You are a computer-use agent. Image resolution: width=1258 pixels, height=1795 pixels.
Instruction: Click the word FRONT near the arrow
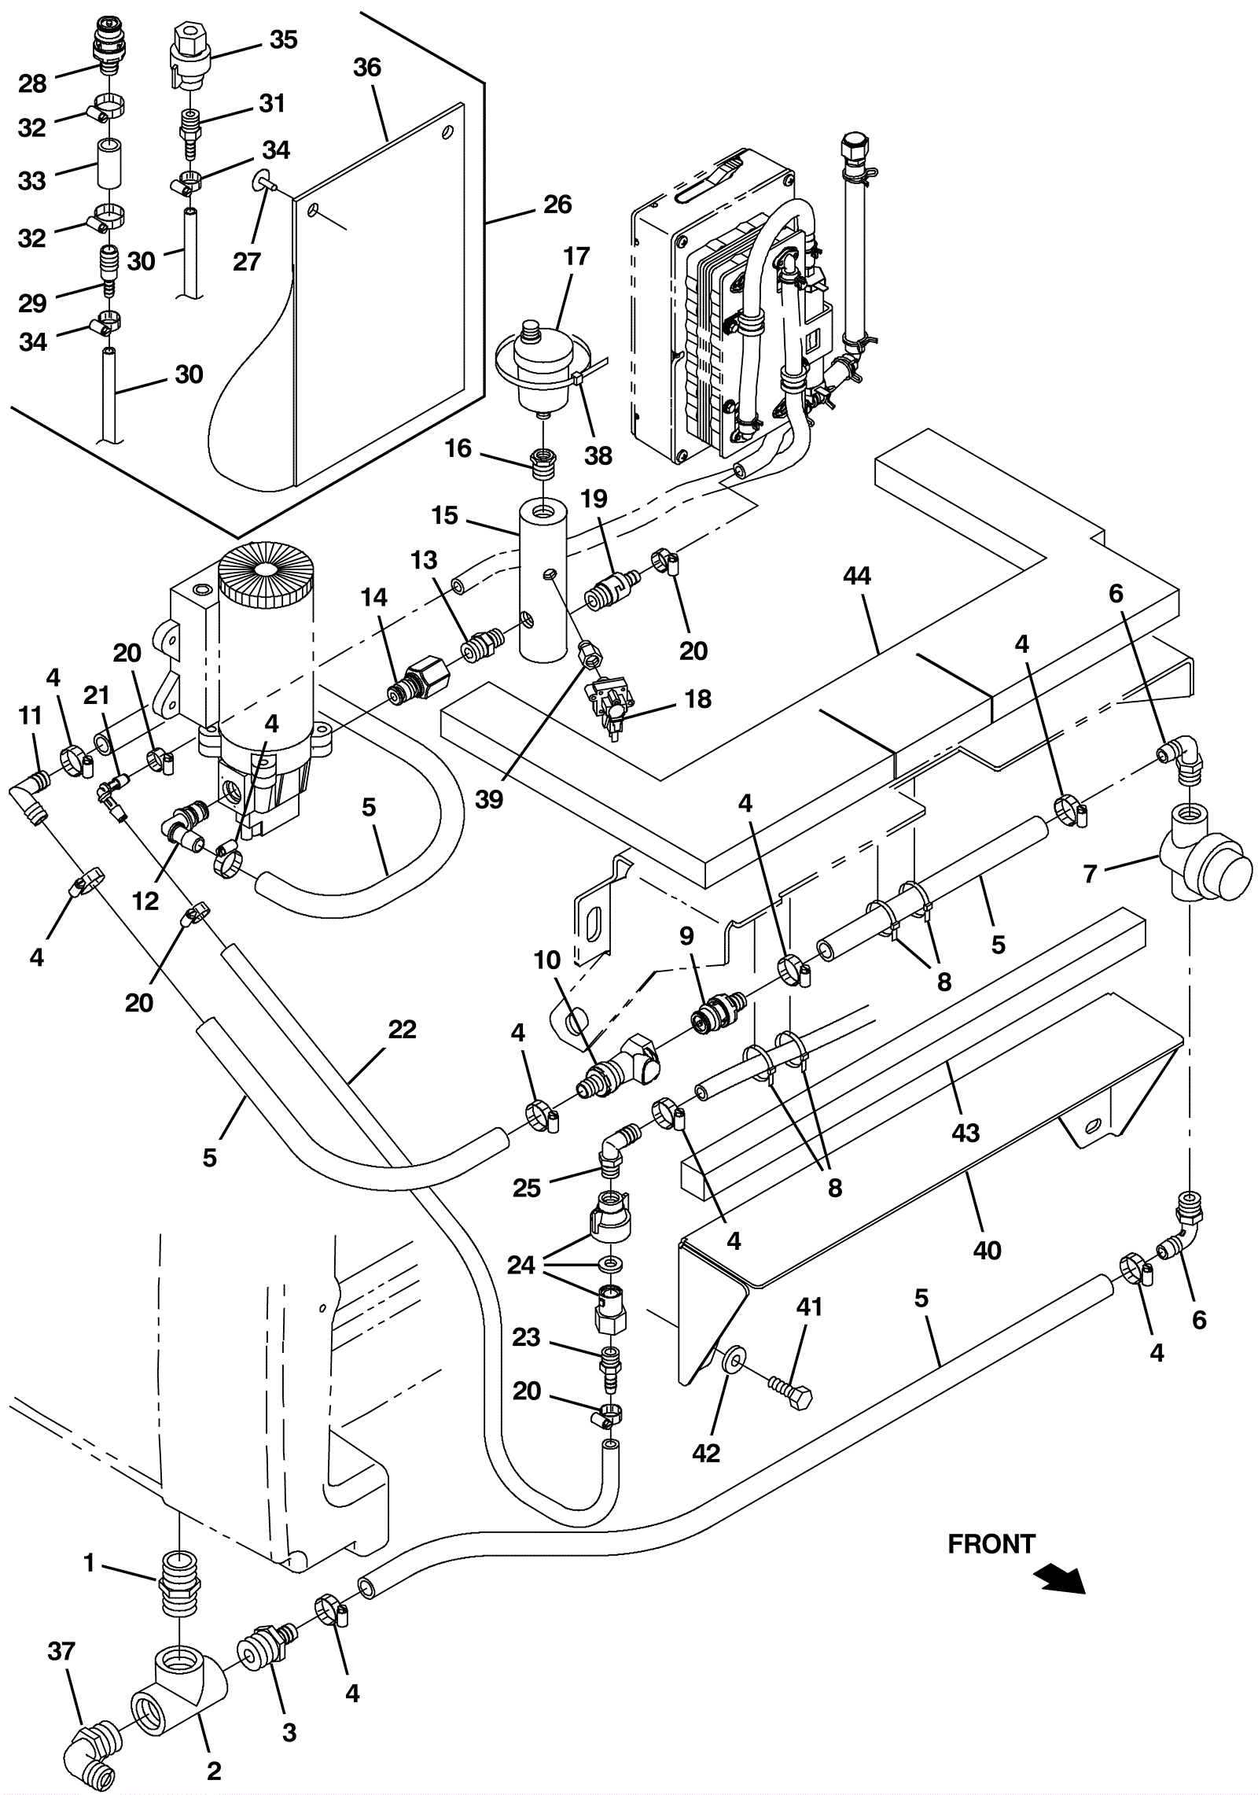pyautogui.click(x=991, y=1544)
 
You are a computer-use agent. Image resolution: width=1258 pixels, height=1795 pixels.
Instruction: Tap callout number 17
pyautogui.click(x=576, y=256)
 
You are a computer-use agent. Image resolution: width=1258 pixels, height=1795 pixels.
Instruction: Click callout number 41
pyautogui.click(x=809, y=1307)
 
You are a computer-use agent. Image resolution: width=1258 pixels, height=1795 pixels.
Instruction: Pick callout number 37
pyautogui.click(x=61, y=1652)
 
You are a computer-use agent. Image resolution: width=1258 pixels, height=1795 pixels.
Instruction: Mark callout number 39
pyautogui.click(x=488, y=799)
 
